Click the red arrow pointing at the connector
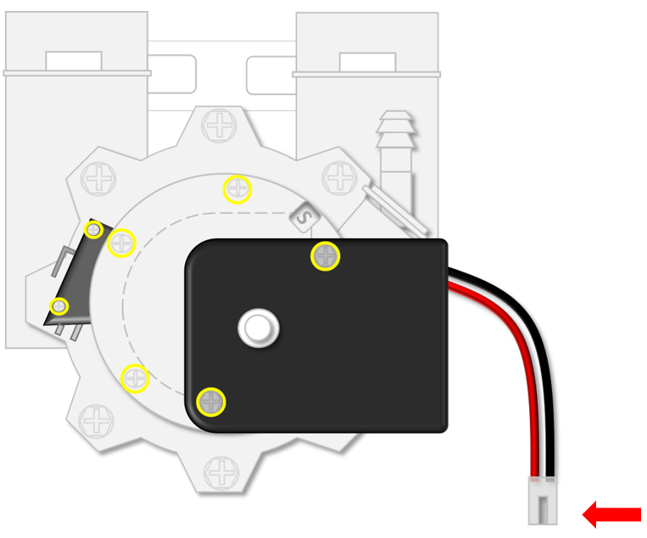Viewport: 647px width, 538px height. click(x=611, y=513)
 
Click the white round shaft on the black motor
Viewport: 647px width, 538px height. click(x=258, y=327)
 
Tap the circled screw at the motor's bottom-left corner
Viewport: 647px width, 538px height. click(x=211, y=401)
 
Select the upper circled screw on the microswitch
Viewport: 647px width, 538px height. click(x=94, y=230)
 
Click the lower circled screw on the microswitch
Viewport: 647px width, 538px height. click(x=59, y=306)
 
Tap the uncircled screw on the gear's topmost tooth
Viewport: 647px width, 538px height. click(x=220, y=126)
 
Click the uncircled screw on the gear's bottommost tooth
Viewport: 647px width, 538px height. click(x=222, y=472)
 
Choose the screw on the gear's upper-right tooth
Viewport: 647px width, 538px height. click(x=341, y=178)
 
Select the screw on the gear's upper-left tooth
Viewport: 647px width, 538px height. click(x=100, y=179)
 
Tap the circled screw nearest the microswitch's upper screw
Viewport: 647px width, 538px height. click(x=122, y=244)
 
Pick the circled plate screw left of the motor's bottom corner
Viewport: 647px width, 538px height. click(x=136, y=378)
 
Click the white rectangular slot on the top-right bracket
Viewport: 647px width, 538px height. click(x=367, y=62)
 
